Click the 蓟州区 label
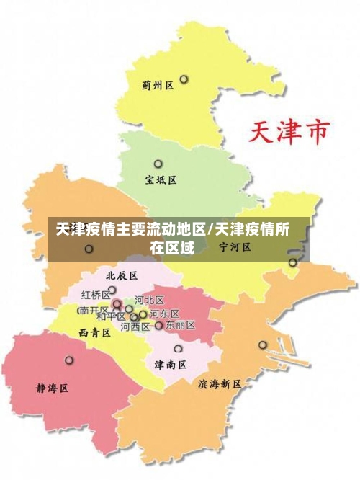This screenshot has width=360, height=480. [x=158, y=85]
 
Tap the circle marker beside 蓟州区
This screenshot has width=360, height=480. [x=184, y=79]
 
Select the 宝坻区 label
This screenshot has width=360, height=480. [x=161, y=179]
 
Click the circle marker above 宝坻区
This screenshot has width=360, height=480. [x=158, y=164]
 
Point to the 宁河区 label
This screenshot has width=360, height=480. [x=235, y=247]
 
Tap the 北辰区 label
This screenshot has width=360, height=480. [x=121, y=275]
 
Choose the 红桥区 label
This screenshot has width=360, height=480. [x=95, y=295]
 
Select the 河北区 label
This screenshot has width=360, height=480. [x=149, y=300]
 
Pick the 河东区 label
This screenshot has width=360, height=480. [x=164, y=314]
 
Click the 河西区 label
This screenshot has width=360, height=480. [x=135, y=326]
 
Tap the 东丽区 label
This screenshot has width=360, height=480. [x=180, y=326]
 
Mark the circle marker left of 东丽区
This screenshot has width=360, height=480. [x=159, y=326]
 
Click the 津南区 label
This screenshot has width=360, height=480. [x=171, y=365]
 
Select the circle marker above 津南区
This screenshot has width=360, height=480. [x=178, y=349]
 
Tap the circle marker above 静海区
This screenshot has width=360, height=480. [x=69, y=360]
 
